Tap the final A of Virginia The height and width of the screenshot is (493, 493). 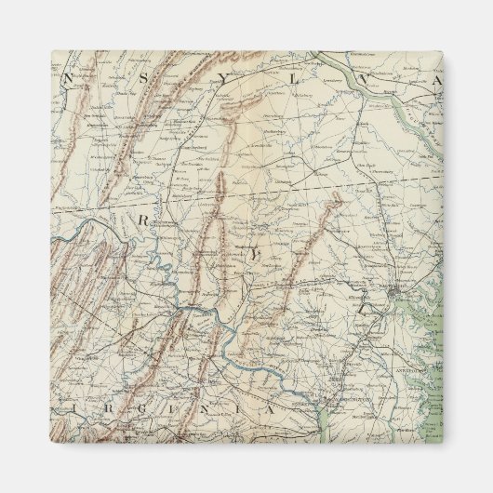(270, 407)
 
